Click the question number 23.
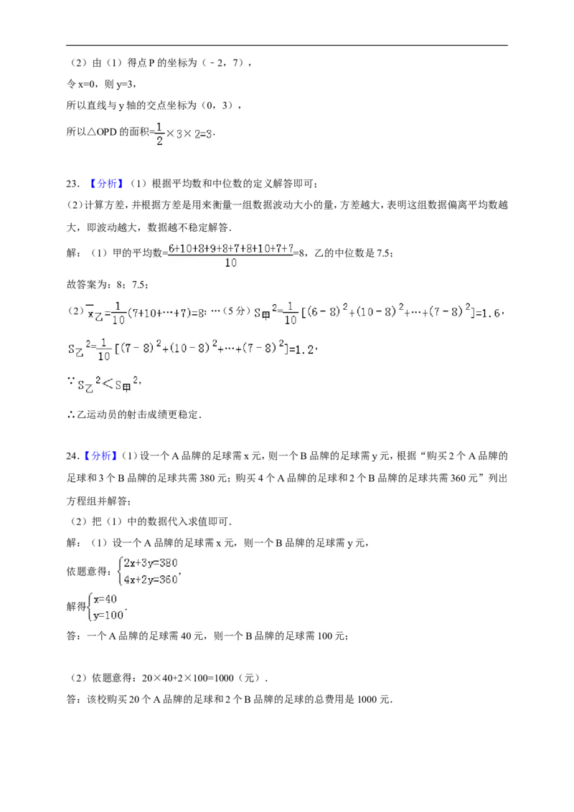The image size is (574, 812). point(72,184)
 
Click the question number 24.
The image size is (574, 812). point(72,456)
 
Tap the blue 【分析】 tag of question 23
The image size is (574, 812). point(105,184)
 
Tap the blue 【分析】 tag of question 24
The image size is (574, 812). point(102,456)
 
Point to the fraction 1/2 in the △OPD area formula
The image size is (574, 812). point(159,133)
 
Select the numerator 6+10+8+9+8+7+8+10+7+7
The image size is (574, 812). point(231,249)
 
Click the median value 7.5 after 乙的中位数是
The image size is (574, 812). point(383,253)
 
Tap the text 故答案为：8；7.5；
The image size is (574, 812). point(108,284)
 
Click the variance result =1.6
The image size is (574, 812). point(487,313)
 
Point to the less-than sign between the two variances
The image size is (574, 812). point(107,384)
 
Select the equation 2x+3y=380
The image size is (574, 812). point(151,563)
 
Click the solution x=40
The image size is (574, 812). point(105,599)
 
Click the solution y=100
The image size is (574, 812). point(108,615)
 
